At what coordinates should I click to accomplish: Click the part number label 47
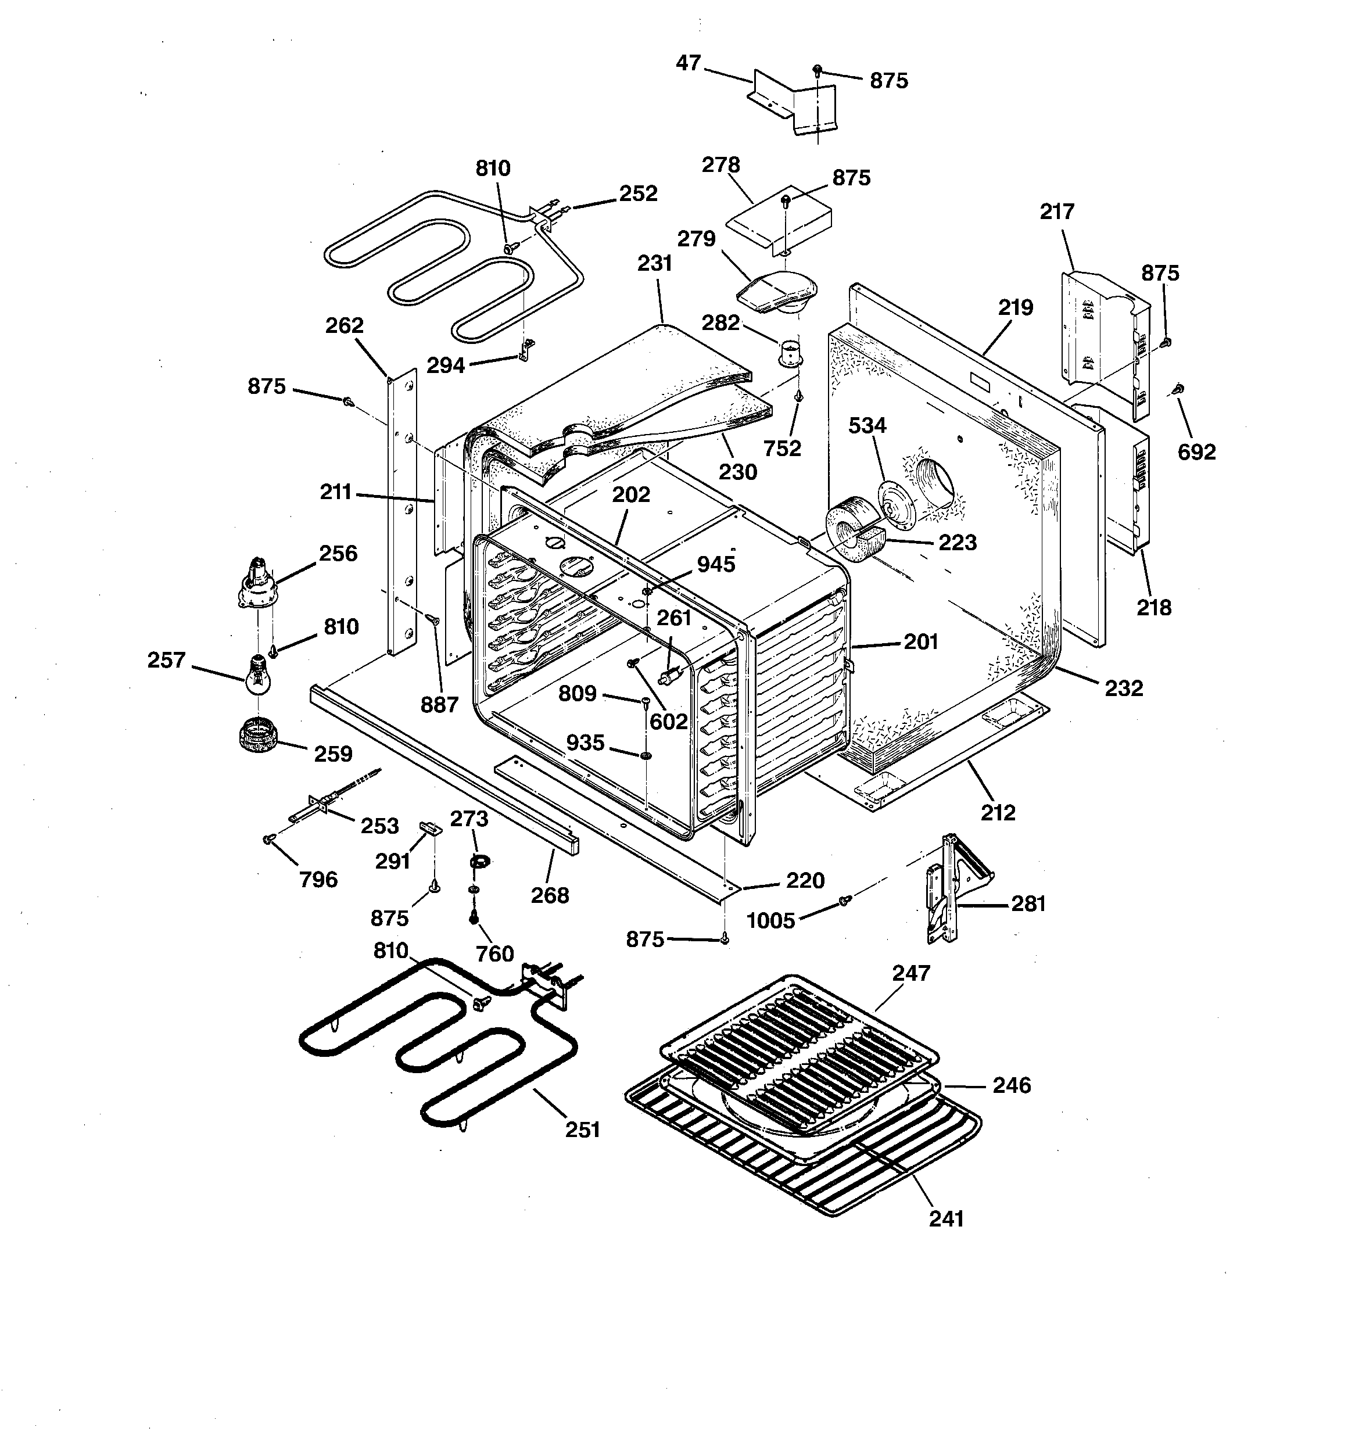coord(688,64)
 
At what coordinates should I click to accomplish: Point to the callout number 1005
coord(770,921)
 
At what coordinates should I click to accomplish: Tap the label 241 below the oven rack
coord(946,1219)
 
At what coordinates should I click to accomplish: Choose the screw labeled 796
coord(268,838)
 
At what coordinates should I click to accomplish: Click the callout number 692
coord(1197,452)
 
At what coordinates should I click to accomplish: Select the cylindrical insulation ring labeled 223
coord(854,532)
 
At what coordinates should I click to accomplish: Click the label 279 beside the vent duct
coord(696,239)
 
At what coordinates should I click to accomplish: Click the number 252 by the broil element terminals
coord(638,194)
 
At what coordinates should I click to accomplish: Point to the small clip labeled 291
coord(430,827)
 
